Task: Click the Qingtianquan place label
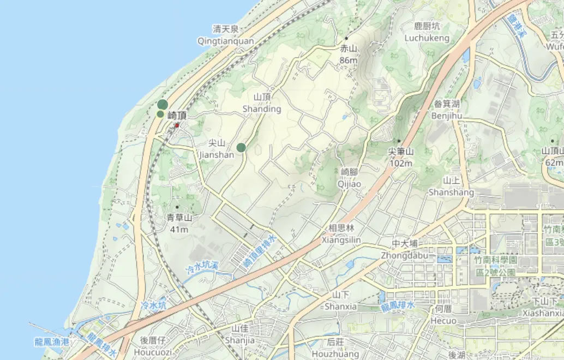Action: point(226,41)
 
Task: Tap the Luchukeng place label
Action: point(427,38)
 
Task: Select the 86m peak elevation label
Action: point(348,60)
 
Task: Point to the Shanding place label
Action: point(262,109)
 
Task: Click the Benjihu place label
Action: point(447,116)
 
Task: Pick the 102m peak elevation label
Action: point(401,163)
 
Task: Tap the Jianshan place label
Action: point(217,154)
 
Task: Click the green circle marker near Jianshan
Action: point(241,147)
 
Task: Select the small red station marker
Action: point(177,125)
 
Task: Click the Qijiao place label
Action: point(350,184)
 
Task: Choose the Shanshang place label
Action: point(451,192)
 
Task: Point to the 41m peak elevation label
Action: point(179,229)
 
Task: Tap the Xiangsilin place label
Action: point(341,239)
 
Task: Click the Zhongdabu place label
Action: point(404,255)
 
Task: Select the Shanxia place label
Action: point(341,306)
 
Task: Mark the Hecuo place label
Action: point(443,320)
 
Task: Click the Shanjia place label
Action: point(240,340)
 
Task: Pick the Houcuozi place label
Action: point(153,352)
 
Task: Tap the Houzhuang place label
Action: point(335,353)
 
